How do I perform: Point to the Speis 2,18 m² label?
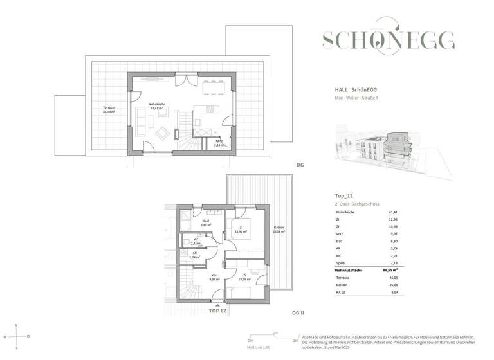click(219, 143)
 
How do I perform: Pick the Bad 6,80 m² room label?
click(206, 223)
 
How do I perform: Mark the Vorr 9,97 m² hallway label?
click(215, 277)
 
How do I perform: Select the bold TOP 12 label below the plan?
click(217, 311)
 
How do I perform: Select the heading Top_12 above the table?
click(345, 194)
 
